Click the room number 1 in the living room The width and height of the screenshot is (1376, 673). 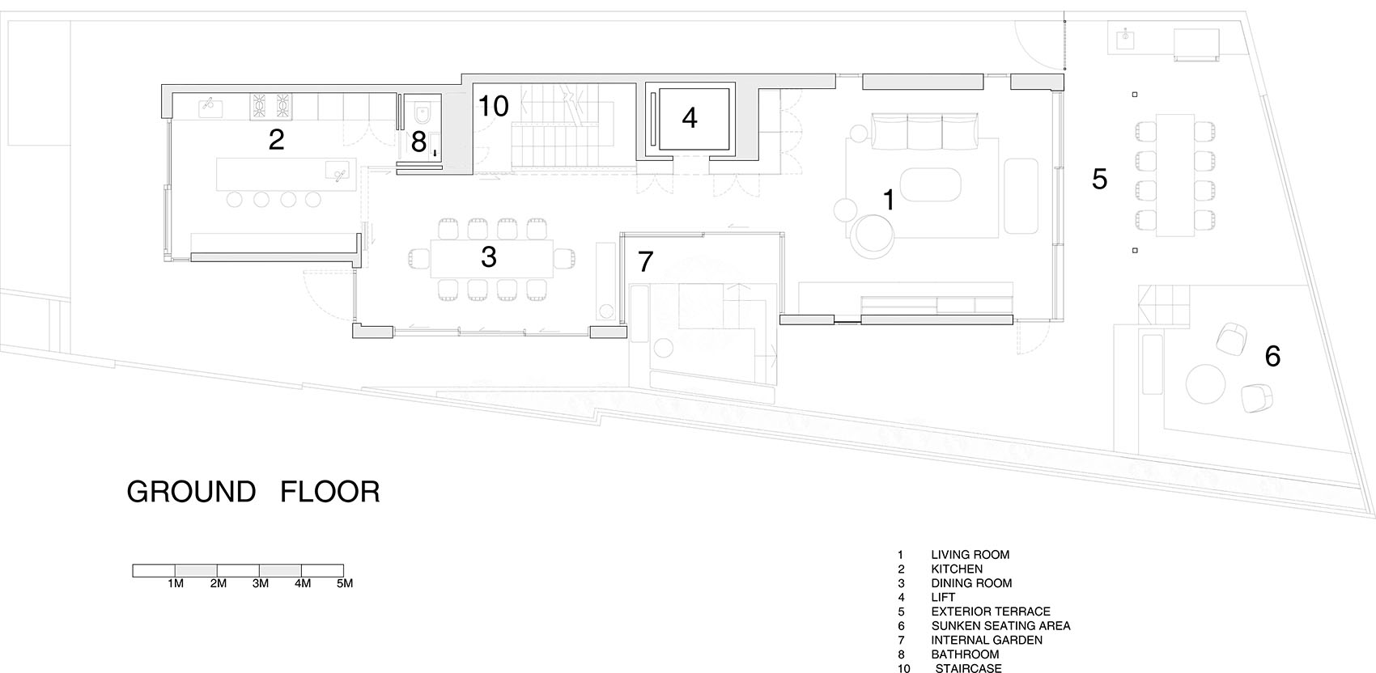(888, 200)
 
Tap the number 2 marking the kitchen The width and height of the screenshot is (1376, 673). (276, 140)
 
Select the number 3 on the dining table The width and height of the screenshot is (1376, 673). (488, 256)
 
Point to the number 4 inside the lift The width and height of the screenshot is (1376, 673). (689, 118)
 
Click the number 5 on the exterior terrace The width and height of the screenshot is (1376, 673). (1098, 179)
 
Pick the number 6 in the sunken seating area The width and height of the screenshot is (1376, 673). (1272, 355)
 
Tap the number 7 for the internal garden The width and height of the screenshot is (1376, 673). (644, 261)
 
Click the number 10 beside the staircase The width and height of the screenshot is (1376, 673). (493, 106)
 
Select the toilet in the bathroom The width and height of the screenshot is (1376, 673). (422, 113)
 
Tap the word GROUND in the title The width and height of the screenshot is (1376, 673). (191, 492)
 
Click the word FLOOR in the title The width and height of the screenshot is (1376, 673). (330, 492)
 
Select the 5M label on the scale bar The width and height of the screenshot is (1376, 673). (344, 583)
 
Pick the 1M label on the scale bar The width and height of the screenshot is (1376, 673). (176, 583)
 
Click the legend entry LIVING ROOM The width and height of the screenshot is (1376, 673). (970, 555)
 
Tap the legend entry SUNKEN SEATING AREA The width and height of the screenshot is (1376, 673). (1000, 625)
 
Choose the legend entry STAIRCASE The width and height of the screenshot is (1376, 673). (968, 668)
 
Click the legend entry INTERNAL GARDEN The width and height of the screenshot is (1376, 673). (987, 640)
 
